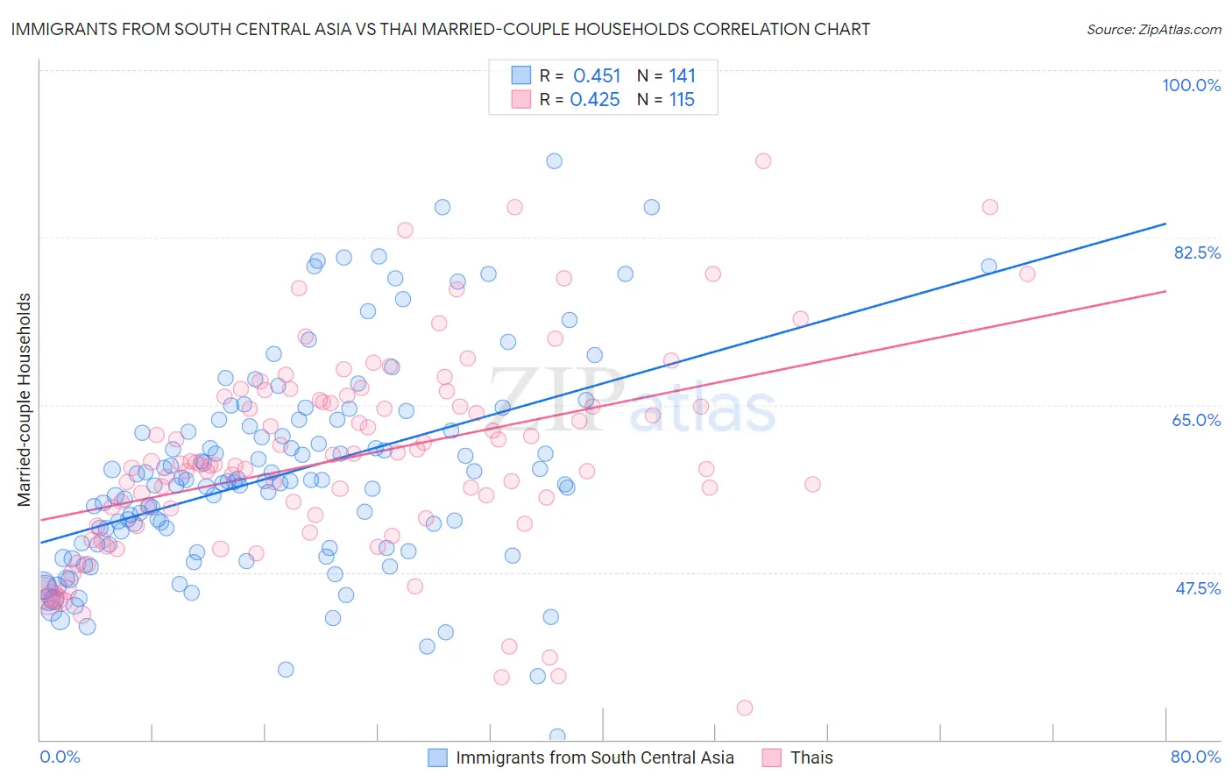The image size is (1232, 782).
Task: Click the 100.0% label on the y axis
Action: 1191,85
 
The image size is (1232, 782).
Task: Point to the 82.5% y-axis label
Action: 1197,252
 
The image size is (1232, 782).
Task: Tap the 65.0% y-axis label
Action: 1196,420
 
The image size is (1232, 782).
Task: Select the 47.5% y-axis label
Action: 1197,588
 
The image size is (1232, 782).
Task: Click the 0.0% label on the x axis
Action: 60,757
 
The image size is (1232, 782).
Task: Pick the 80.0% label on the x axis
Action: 1195,757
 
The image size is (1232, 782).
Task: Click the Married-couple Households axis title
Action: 25,400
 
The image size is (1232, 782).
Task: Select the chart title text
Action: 441,29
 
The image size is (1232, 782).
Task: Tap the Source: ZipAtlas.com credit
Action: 1153,30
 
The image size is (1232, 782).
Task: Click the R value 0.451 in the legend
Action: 597,75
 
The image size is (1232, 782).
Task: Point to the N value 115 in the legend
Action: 682,100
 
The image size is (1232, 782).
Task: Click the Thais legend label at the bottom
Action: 811,757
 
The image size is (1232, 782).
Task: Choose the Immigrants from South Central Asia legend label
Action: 595,757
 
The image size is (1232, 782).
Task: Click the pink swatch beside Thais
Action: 771,757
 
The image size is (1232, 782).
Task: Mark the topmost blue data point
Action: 554,160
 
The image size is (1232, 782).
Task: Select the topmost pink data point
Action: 763,160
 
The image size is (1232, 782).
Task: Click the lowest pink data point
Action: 745,707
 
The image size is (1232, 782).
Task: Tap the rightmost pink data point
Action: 1027,274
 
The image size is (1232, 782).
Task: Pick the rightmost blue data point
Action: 988,266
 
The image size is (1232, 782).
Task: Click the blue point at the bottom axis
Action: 557,736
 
